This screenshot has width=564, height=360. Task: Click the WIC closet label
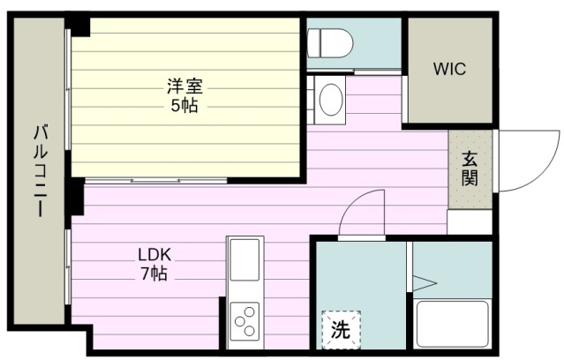[x=449, y=69]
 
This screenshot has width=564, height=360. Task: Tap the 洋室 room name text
[x=184, y=86]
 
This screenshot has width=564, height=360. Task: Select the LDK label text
[x=154, y=255]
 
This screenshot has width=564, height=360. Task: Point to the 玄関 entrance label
[x=470, y=169]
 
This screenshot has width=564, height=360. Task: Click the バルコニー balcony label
[x=41, y=171]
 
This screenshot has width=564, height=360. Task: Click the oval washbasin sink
[x=331, y=100]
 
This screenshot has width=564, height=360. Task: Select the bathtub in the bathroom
[x=452, y=323]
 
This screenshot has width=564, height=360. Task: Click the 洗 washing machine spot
[x=341, y=329]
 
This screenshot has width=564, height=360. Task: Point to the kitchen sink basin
[x=244, y=259]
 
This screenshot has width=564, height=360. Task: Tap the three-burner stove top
[x=244, y=321]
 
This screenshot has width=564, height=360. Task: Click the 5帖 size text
[x=184, y=106]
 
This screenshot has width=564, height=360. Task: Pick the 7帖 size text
[x=154, y=274]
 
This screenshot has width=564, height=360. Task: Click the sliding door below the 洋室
[x=155, y=181]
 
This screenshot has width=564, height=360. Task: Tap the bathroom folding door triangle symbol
[x=425, y=283]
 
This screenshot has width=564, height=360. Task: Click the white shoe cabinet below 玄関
[x=470, y=221]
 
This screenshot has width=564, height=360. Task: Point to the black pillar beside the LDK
[x=77, y=197]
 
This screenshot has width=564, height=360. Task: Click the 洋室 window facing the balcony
[x=68, y=89]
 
